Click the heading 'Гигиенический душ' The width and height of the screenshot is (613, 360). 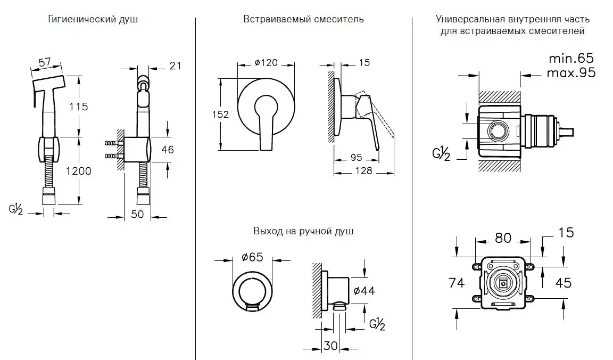coord(93,20)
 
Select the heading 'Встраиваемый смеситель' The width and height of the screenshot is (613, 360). coord(303,20)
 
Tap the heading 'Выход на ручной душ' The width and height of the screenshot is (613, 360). coord(303,232)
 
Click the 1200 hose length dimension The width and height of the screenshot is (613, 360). coord(79,171)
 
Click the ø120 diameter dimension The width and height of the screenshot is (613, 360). coord(266,63)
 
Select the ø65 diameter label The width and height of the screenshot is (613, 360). coord(253,257)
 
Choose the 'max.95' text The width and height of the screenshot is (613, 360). coord(571,73)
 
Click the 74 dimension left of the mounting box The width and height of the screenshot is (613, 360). coord(457,282)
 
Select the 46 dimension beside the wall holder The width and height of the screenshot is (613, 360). coord(167,150)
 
